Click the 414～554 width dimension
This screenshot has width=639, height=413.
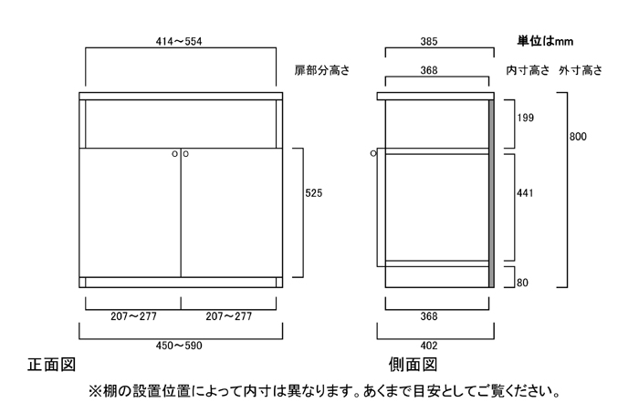pos(179,42)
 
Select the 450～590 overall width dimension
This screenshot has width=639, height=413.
pos(179,346)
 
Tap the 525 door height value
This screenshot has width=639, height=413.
pos(314,193)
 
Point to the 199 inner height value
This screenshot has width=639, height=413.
pos(525,118)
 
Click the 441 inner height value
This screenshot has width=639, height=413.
pos(525,193)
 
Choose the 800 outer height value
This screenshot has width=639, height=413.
pos(578,137)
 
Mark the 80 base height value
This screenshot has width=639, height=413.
pos(522,283)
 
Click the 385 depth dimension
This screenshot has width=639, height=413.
pos(429,42)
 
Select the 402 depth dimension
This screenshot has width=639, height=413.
pos(429,346)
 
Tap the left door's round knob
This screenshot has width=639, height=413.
pos(175,154)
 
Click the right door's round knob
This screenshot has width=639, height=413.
pos(186,154)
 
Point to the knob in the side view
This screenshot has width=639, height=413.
pos(373,153)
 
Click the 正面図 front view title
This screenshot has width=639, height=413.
pos(52,365)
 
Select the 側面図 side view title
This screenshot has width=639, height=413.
pos(413,365)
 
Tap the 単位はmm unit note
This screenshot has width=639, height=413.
pos(545,41)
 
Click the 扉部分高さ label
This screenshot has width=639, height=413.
pos(322,70)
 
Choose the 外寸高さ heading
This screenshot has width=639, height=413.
pos(581,70)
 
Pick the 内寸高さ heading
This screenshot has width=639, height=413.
pos(529,70)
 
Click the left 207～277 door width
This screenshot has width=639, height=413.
pos(133,316)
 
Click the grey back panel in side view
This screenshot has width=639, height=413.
pos(491,193)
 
